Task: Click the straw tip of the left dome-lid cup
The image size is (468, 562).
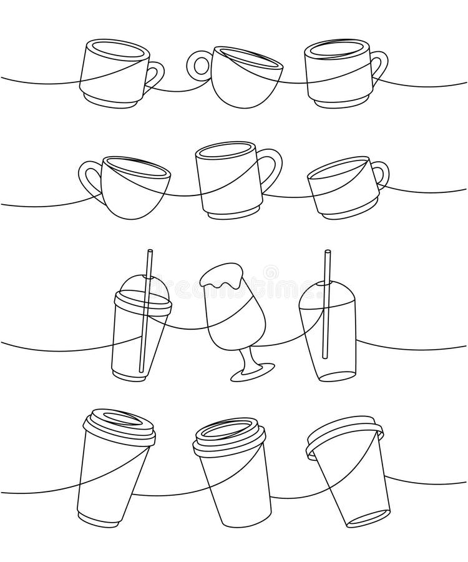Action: (x=149, y=254)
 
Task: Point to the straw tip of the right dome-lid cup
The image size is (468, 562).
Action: (x=326, y=254)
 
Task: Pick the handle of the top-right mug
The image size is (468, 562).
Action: (x=379, y=67)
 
